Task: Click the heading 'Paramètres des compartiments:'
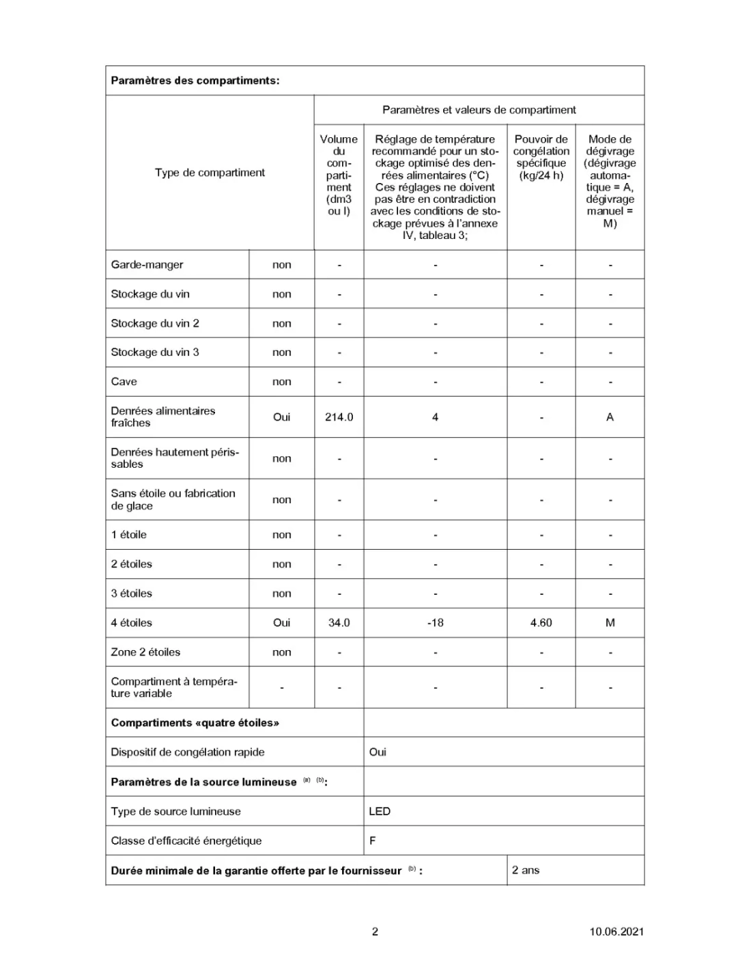pos(195,81)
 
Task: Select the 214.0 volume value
pos(339,417)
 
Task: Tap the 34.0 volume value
pos(339,623)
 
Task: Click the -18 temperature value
pos(435,623)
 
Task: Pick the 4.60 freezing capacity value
pos(541,623)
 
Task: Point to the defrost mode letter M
pos(610,623)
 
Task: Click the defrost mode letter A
pos(610,417)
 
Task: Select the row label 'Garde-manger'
pos(147,265)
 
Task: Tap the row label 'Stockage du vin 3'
pos(155,352)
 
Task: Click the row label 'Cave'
pos(124,382)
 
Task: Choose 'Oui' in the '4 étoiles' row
pos(281,623)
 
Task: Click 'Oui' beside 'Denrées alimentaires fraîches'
pos(281,417)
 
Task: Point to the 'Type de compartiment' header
pos(210,173)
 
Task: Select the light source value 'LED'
pos(380,811)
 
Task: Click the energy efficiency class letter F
pos(373,841)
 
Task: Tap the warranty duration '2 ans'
pos(526,870)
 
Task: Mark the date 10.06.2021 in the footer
pos(617,931)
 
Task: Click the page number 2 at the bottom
pos(375,931)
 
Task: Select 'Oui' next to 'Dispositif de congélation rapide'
pos(378,752)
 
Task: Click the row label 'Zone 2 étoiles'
pos(145,652)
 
